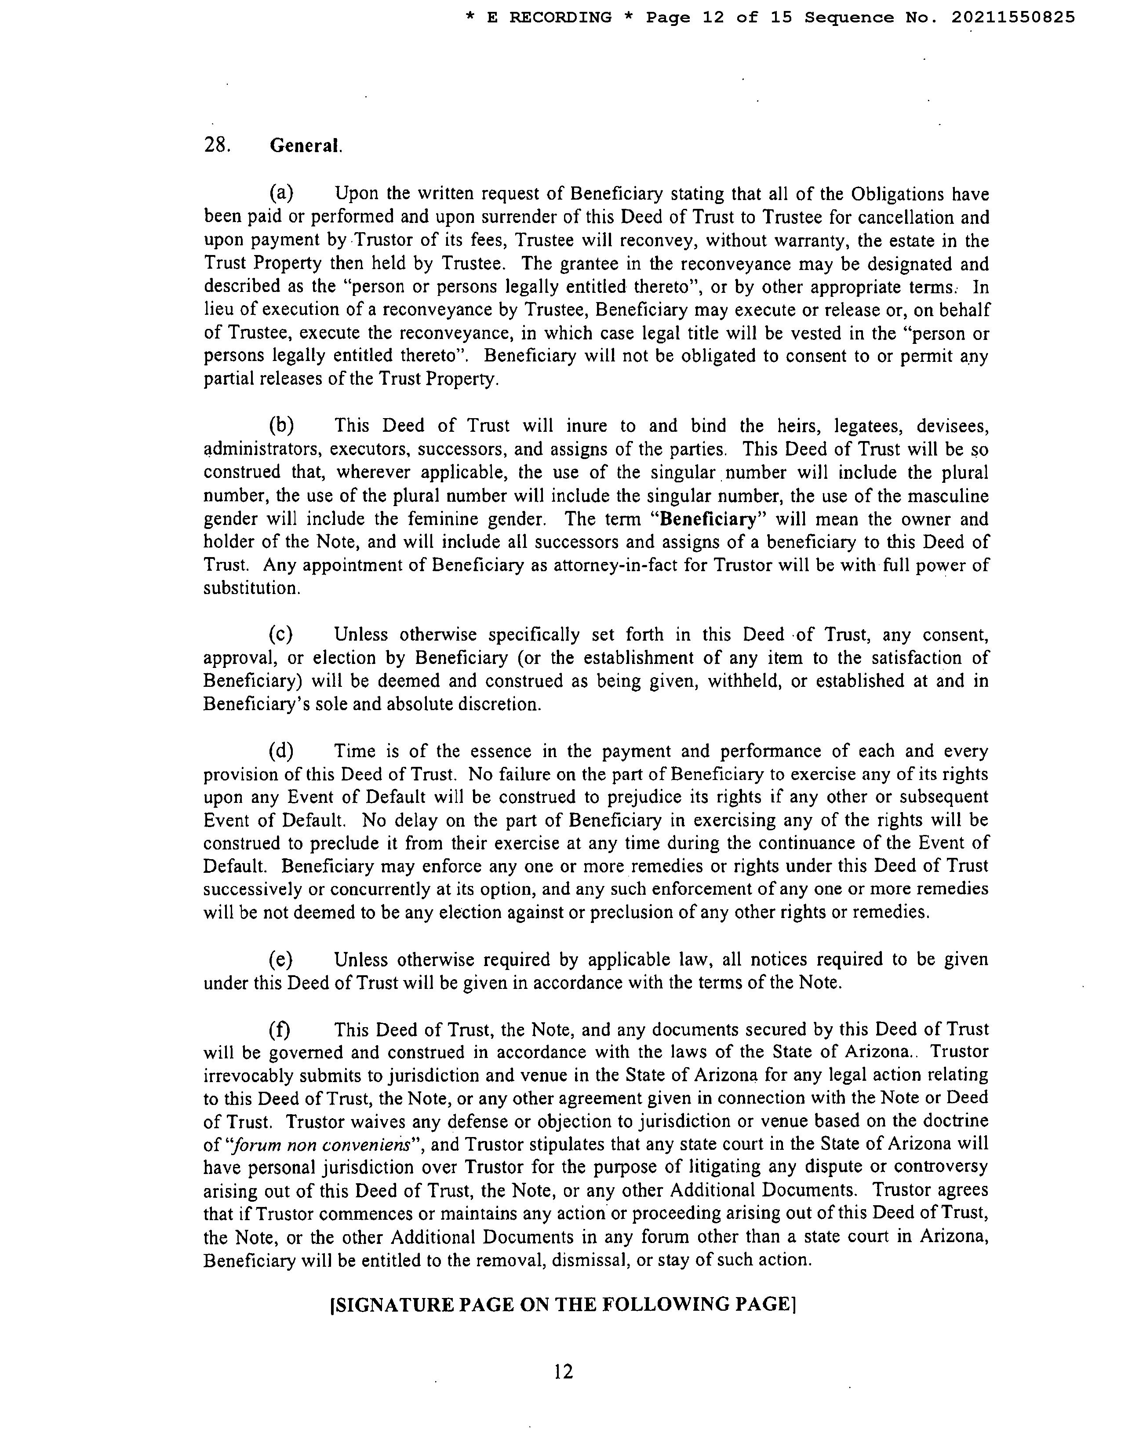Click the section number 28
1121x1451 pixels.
coord(216,145)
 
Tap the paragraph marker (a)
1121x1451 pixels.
coord(281,193)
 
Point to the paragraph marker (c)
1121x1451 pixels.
coord(280,634)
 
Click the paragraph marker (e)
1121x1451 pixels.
coord(280,959)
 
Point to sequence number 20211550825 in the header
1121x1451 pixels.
coord(1013,18)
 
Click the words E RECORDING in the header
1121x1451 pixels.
coord(549,18)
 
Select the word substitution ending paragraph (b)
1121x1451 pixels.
coord(251,589)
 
